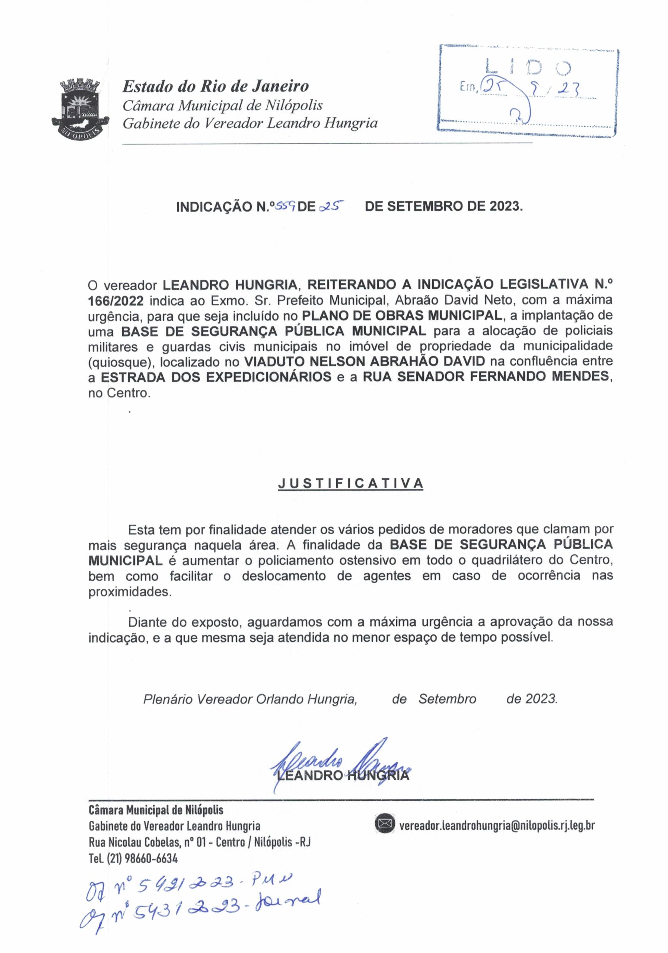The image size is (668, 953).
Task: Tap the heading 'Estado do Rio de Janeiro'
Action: pos(216,86)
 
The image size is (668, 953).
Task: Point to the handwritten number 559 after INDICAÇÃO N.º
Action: pos(286,205)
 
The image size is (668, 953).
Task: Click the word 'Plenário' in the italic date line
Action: pos(168,699)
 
